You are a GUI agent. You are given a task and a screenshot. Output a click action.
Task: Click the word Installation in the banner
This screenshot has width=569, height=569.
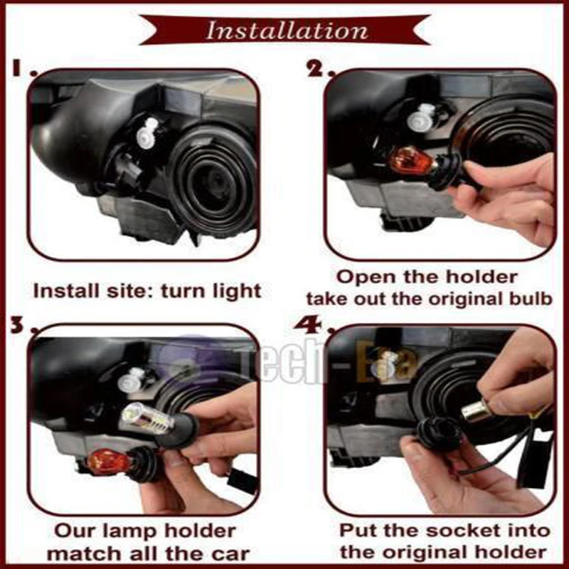coord(287,30)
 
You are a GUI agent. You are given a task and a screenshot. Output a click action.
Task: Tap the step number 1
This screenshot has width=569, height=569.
coord(20,68)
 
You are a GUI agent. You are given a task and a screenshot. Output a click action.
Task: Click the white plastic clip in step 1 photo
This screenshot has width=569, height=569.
coord(147,133)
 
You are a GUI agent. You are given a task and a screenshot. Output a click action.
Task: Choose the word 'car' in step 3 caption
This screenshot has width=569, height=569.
coord(230,554)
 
